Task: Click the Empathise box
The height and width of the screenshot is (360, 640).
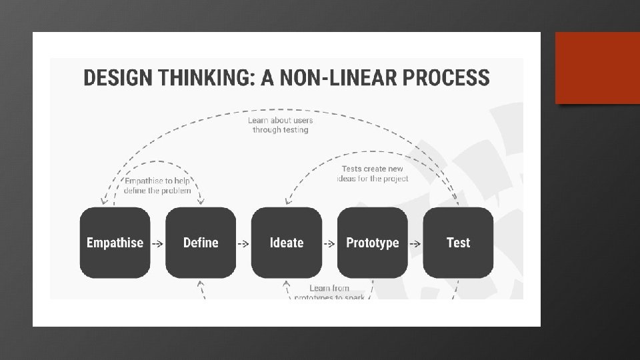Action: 115,243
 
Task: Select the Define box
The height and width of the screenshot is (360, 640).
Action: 201,243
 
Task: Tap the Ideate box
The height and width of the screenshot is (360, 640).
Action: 287,243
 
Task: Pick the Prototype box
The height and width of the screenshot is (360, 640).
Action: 373,243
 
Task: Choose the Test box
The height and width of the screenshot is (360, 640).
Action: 458,243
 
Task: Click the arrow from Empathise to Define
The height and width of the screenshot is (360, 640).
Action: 157,243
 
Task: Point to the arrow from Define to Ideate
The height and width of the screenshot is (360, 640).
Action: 243,243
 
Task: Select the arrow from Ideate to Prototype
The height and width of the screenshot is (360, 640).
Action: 329,243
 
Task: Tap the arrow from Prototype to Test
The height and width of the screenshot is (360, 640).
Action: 415,243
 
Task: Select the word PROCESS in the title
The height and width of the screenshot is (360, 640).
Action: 450,78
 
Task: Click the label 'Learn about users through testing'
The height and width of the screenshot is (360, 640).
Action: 281,125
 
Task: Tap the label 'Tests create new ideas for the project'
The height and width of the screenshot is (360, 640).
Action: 372,174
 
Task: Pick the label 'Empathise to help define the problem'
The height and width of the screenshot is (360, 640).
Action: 157,185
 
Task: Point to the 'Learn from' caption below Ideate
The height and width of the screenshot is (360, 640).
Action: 329,289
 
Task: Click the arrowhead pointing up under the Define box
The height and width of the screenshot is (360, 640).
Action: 200,285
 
